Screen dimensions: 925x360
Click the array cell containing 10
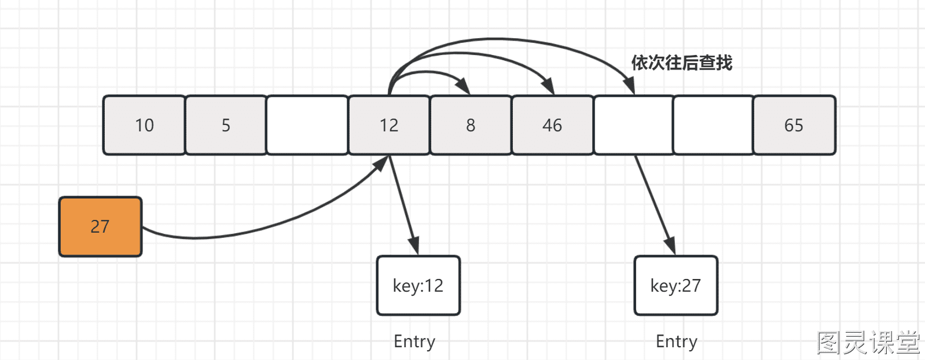(x=144, y=125)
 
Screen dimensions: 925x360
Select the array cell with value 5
(x=226, y=125)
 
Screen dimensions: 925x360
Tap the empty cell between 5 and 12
(x=307, y=125)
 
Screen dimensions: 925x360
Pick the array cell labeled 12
(x=389, y=125)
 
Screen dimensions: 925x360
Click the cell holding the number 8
(x=471, y=125)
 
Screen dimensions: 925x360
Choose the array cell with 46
(x=553, y=125)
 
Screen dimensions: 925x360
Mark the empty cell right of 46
(x=634, y=125)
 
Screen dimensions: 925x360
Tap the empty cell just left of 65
(x=714, y=125)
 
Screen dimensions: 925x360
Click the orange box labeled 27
(x=100, y=227)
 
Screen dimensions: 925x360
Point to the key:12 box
(x=419, y=286)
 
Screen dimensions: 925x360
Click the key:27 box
(x=676, y=286)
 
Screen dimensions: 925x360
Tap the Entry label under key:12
(x=414, y=342)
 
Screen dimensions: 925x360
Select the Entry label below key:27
(x=677, y=342)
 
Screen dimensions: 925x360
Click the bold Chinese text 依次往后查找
(x=682, y=63)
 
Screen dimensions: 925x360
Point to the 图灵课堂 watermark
(x=869, y=343)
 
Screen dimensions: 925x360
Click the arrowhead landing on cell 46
(x=548, y=86)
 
